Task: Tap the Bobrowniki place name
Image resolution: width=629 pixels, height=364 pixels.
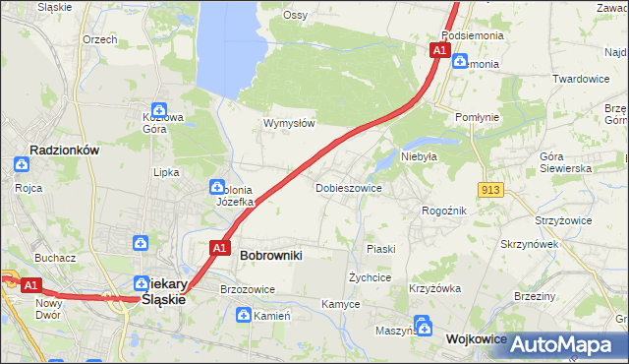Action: click(270, 255)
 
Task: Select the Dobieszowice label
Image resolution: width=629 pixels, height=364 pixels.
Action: click(348, 187)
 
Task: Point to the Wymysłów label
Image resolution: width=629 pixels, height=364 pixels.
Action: click(288, 123)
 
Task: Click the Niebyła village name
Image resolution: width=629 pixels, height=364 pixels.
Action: click(418, 155)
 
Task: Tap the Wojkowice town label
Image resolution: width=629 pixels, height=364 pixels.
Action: click(476, 338)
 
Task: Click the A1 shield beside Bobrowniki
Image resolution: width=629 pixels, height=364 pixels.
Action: click(221, 248)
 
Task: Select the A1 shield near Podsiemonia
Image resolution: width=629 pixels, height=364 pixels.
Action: click(439, 49)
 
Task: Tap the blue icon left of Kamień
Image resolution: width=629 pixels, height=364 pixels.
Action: click(243, 315)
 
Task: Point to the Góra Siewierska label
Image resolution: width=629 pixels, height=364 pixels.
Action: click(565, 162)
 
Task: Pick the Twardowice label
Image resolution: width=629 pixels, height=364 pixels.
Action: click(581, 79)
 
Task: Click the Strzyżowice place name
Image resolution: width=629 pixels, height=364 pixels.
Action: click(563, 220)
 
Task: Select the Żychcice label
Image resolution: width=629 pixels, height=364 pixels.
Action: click(371, 277)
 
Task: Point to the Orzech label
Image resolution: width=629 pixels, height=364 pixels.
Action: click(100, 39)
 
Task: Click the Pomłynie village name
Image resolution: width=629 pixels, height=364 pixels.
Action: click(478, 117)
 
